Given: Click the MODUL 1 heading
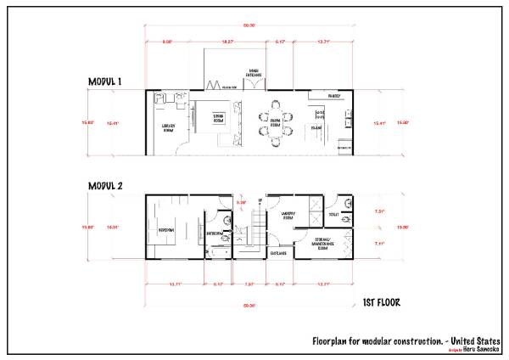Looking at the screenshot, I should coord(106,82).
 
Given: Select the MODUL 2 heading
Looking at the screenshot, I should coord(106,185).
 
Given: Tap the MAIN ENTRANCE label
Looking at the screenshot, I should coord(255,73).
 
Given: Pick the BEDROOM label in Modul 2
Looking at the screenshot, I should coord(166,229).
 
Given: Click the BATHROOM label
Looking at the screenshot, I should coord(214,233).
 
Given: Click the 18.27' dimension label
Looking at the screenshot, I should coord(227,40).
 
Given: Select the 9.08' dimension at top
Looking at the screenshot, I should coord(168,40).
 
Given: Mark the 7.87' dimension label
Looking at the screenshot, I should coord(249,284).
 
